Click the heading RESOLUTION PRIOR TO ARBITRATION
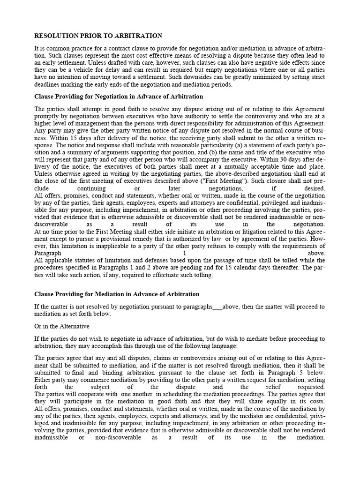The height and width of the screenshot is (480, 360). pos(98,36)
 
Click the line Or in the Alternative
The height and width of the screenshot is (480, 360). pos(62,326)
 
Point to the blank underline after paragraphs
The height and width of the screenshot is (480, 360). pos(217,307)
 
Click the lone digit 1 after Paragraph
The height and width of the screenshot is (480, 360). pos(184,253)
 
